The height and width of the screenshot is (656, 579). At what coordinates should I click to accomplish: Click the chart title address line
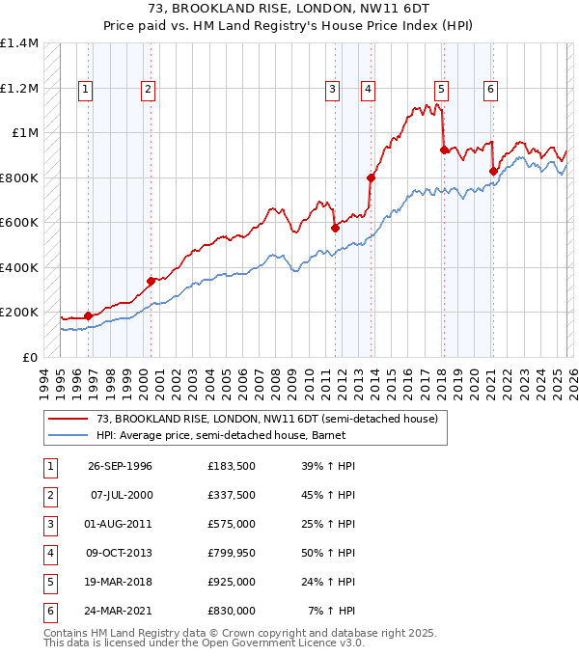click(289, 9)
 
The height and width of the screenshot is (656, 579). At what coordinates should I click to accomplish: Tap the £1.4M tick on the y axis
click(19, 43)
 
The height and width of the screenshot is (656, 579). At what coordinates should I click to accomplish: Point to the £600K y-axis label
click(19, 223)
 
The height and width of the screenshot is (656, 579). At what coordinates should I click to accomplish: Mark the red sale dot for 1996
click(88, 315)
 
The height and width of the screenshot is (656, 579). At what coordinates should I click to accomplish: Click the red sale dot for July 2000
click(151, 281)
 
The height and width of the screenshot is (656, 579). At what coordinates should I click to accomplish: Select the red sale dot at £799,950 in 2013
click(371, 178)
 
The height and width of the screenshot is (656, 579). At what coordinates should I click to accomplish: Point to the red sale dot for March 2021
click(493, 172)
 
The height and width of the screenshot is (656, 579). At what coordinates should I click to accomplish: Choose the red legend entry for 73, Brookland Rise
click(267, 419)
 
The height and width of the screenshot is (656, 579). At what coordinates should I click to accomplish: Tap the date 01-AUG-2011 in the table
click(120, 524)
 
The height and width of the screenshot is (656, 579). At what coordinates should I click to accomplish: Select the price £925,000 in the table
click(232, 582)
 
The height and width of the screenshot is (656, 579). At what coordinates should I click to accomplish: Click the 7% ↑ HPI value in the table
click(331, 611)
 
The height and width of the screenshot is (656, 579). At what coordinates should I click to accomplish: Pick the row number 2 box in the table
click(49, 495)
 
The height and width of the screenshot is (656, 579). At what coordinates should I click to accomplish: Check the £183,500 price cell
click(232, 466)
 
